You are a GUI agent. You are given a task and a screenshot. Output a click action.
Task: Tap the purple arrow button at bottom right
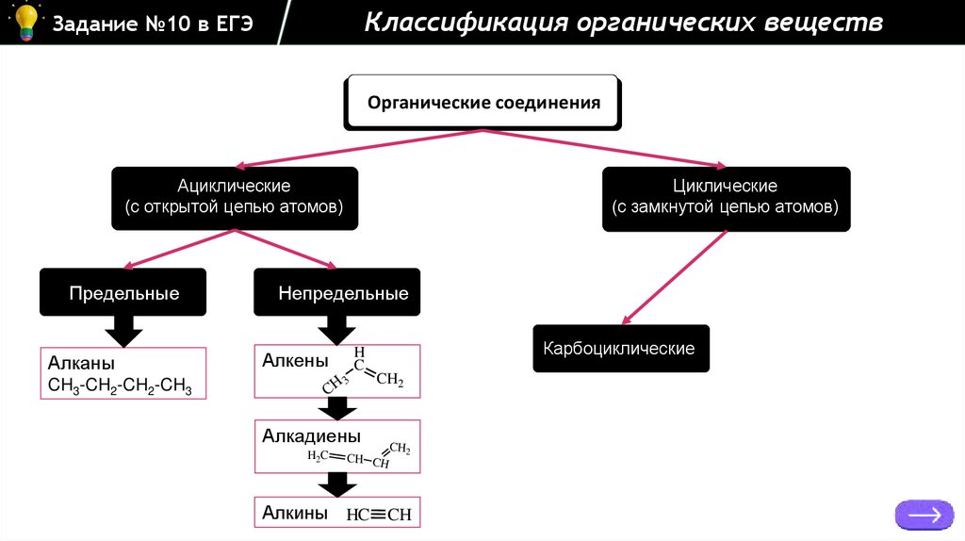pos(924,515)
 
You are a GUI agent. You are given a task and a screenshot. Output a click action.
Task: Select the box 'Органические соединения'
pos(483,102)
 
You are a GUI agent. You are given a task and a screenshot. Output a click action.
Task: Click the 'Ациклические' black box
pos(235,198)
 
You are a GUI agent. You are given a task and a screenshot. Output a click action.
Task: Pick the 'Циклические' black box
pos(726,198)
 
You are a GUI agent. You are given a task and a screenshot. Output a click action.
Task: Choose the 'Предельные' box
pos(123,293)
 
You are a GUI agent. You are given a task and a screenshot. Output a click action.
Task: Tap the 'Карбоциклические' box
pos(619,349)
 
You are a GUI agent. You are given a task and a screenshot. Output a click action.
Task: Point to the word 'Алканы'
pos(81,363)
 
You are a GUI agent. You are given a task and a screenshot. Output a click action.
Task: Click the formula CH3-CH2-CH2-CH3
pos(120,385)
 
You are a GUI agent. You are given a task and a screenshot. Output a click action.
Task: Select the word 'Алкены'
pos(295,361)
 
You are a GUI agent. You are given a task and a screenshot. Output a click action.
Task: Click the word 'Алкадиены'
pos(311,436)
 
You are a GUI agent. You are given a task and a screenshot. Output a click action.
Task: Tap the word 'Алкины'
pos(295,513)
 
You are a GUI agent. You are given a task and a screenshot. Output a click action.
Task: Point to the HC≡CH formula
pos(379,515)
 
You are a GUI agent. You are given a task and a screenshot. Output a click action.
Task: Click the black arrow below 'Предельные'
pos(123,331)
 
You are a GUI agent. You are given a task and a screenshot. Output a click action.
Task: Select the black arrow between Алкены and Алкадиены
pos(336,408)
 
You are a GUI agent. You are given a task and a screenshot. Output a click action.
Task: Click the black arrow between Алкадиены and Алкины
pos(336,484)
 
